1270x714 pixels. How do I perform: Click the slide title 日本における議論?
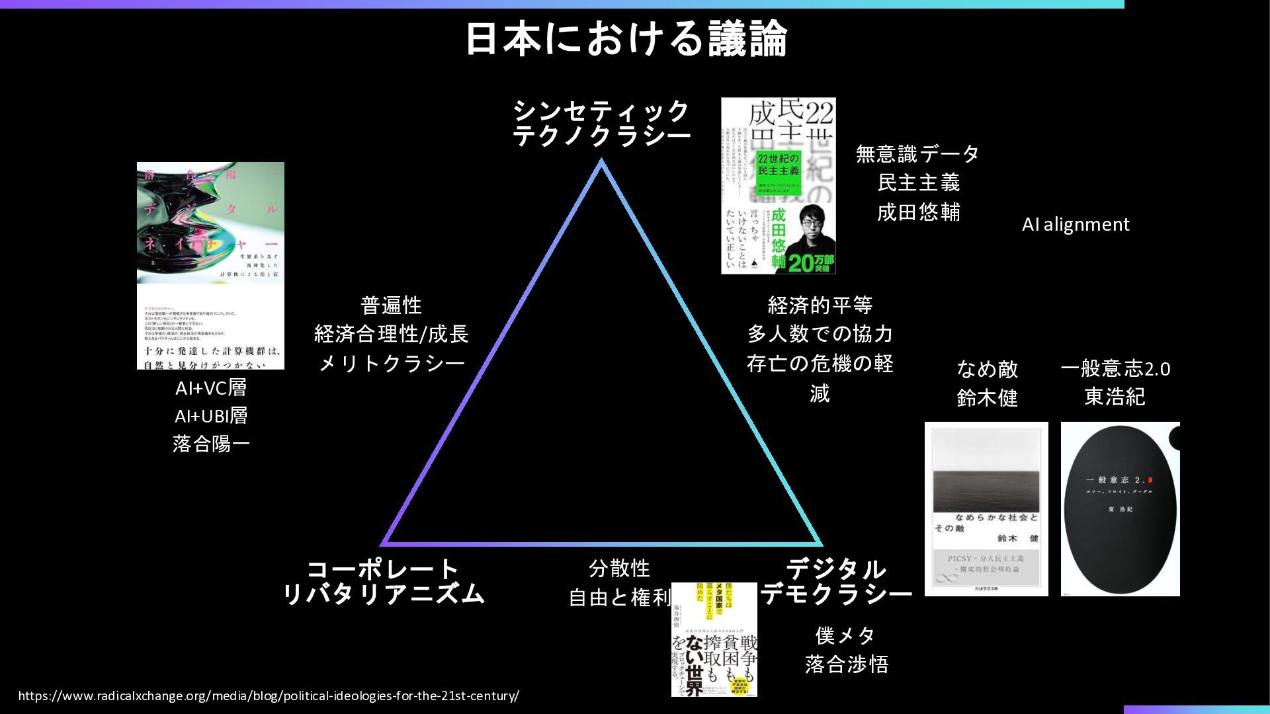point(626,38)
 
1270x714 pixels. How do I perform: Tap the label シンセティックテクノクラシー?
point(601,123)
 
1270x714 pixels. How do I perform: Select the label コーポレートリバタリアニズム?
point(383,582)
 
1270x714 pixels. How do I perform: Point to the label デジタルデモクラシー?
point(836,582)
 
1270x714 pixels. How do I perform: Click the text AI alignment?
point(1076,225)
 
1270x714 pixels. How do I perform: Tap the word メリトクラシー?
point(392,363)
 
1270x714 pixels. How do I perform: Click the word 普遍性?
point(392,305)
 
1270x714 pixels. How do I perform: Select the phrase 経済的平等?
point(820,305)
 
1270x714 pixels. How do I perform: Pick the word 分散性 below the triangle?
point(619,568)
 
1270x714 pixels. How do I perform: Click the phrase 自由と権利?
point(619,598)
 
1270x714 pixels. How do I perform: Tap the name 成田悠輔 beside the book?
point(918,212)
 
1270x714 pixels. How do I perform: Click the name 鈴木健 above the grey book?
point(987,398)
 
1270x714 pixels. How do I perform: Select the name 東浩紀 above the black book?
point(1115,397)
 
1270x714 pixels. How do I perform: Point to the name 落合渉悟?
point(847,664)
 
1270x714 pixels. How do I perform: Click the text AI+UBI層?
point(211,416)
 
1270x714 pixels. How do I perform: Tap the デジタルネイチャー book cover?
point(210,265)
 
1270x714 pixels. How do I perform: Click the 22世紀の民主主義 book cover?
point(778,186)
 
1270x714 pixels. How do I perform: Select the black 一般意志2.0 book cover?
point(1120,509)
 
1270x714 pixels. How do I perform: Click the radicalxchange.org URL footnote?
point(269,695)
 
